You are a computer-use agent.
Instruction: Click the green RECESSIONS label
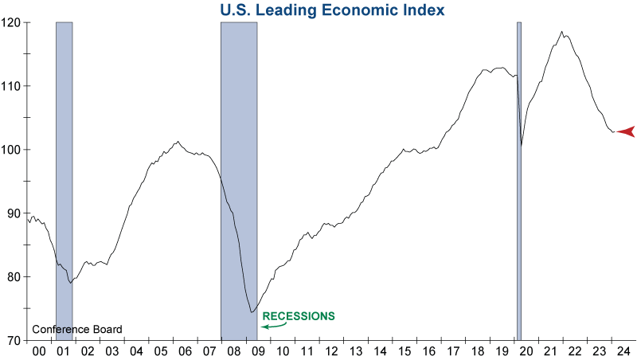tap(299, 315)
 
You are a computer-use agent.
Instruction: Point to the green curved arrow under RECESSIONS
tap(274, 325)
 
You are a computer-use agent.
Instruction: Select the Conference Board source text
tap(77, 330)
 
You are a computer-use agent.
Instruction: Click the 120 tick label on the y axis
tap(13, 22)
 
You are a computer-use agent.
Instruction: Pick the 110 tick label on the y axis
tap(13, 86)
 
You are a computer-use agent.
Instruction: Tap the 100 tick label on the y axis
tap(13, 150)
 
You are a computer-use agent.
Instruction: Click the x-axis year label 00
tap(37, 351)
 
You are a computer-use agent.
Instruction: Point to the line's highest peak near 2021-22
tap(562, 32)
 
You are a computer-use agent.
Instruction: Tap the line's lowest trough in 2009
tap(252, 312)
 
